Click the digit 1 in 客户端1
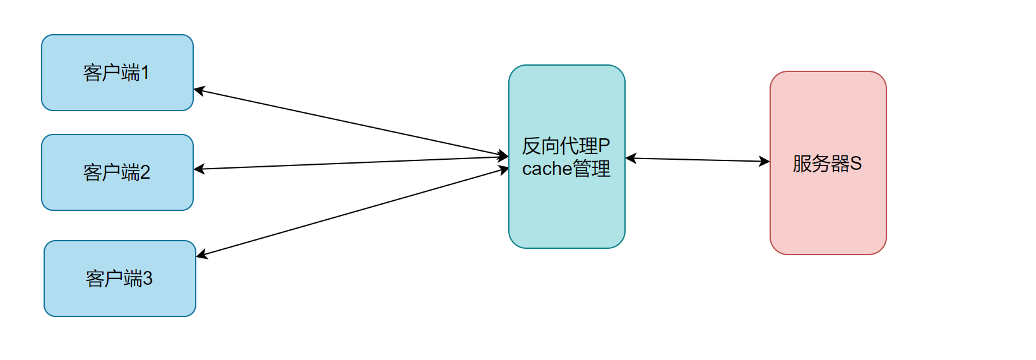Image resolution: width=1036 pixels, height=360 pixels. click(145, 73)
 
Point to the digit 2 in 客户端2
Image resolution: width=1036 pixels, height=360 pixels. click(145, 172)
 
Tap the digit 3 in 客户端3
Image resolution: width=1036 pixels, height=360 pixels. click(148, 279)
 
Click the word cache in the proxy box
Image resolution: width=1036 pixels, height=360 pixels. click(547, 169)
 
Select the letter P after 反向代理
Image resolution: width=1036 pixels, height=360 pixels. click(604, 147)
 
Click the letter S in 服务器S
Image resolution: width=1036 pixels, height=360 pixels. click(856, 164)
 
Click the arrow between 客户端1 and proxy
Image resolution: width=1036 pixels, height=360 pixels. click(350, 123)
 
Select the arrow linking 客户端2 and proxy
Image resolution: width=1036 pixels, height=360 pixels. click(350, 163)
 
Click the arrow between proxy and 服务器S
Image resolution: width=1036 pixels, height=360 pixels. click(698, 160)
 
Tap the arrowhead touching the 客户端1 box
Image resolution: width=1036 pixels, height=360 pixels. click(198, 90)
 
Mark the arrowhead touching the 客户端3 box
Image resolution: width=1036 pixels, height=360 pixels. click(201, 255)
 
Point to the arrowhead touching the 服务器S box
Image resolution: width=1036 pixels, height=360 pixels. click(765, 162)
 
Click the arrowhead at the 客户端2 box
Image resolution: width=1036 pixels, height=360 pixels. click(199, 169)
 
